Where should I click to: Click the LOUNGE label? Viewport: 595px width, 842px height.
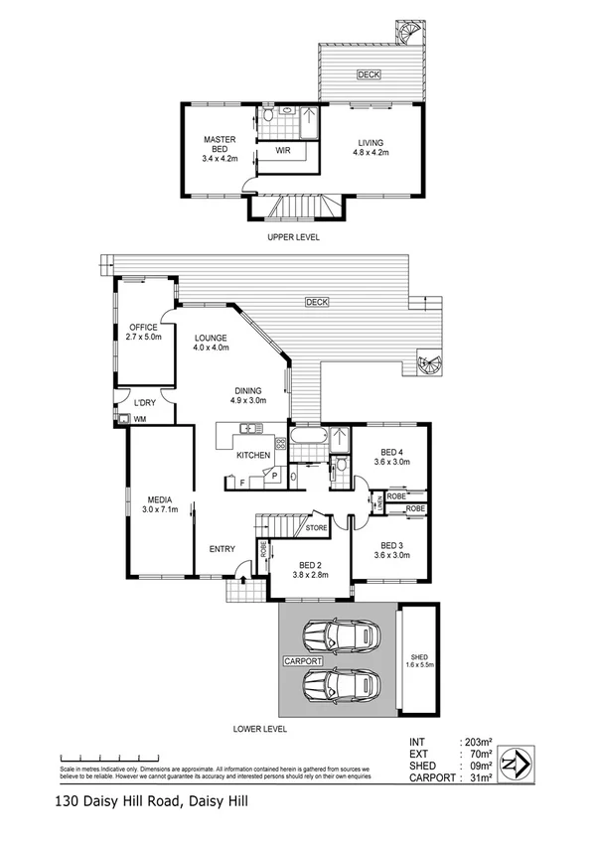point(211,338)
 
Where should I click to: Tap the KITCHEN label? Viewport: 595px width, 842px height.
point(252,455)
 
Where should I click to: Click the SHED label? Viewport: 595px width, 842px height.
point(417,657)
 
